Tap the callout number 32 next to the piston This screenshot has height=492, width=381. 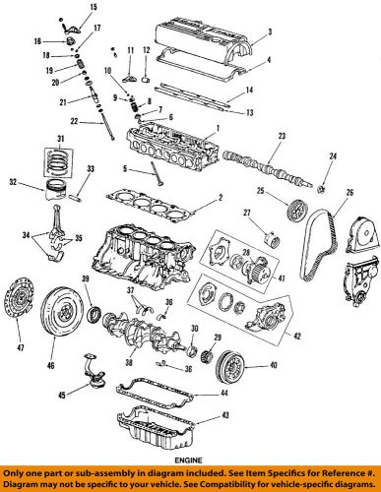(x=13, y=182)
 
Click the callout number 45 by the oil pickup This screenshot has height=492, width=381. (x=33, y=397)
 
